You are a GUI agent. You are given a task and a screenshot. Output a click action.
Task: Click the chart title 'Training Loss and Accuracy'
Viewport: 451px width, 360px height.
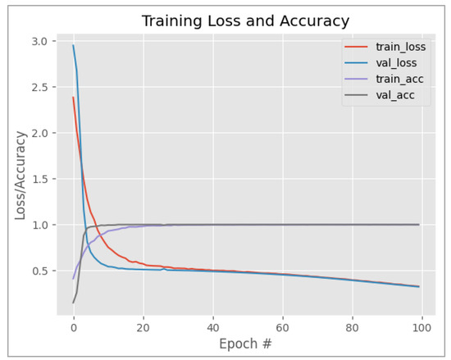[x=245, y=21]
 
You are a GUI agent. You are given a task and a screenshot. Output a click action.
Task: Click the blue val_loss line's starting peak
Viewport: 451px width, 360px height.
[x=73, y=45]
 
